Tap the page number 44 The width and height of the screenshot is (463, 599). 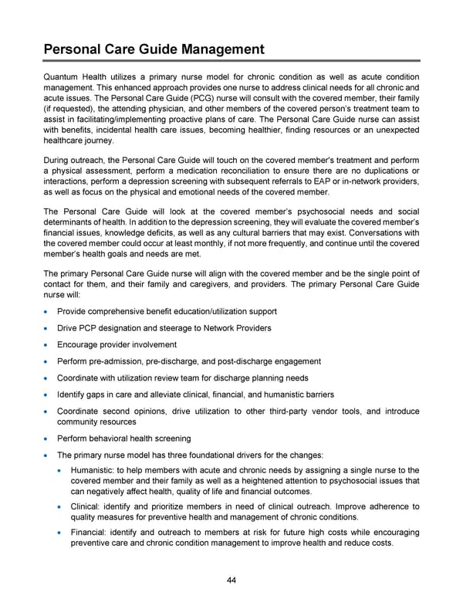point(231,580)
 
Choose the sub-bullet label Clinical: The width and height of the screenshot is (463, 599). point(87,506)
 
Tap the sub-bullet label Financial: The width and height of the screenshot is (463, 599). point(92,532)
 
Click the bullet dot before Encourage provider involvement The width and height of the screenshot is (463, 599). point(48,345)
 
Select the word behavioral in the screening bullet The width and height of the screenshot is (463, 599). point(113,438)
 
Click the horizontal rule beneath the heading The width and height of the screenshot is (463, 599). point(231,61)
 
